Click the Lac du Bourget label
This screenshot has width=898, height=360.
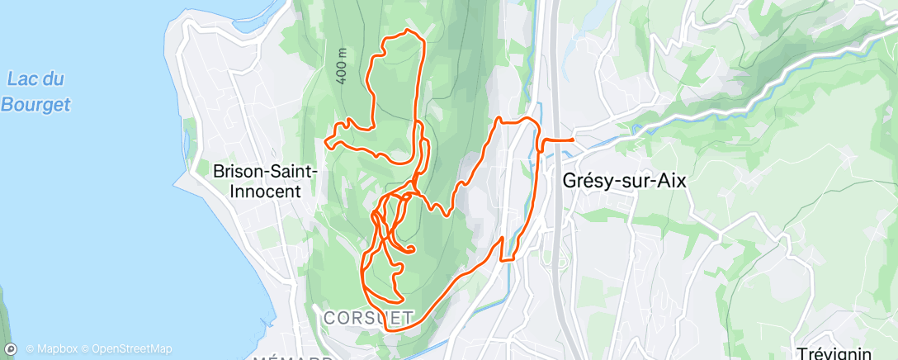coord(35,92)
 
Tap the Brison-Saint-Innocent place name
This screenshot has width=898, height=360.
coord(266,181)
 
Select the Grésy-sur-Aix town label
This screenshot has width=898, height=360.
coord(623,181)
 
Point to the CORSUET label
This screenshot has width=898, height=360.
coord(368,317)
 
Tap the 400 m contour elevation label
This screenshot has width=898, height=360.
coord(341,64)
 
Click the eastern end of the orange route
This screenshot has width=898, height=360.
coord(572,140)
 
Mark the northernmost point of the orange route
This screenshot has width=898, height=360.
coord(407,31)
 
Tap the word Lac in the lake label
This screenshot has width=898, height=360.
coord(21,80)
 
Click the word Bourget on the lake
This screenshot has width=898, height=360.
coord(35,104)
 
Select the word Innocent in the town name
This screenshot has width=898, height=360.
coord(266,191)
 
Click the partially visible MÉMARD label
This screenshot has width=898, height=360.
coord(291,358)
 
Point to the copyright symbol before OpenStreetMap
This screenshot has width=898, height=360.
coord(85,348)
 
